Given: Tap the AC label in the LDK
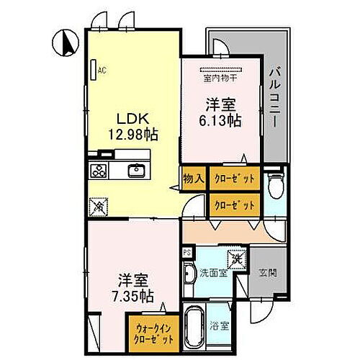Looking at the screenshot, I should point(102,70).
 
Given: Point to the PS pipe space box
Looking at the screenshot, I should point(186,252).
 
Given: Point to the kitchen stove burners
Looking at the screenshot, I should point(98,171).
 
